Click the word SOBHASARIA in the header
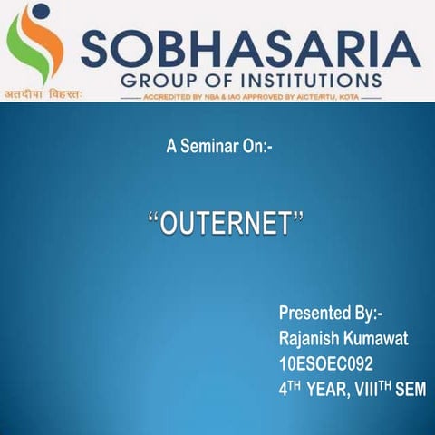pos(250,46)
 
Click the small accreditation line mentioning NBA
pos(249,94)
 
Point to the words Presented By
pos(331,314)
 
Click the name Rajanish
pos(312,339)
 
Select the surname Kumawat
pos(381,339)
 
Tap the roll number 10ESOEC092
pos(327,364)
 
